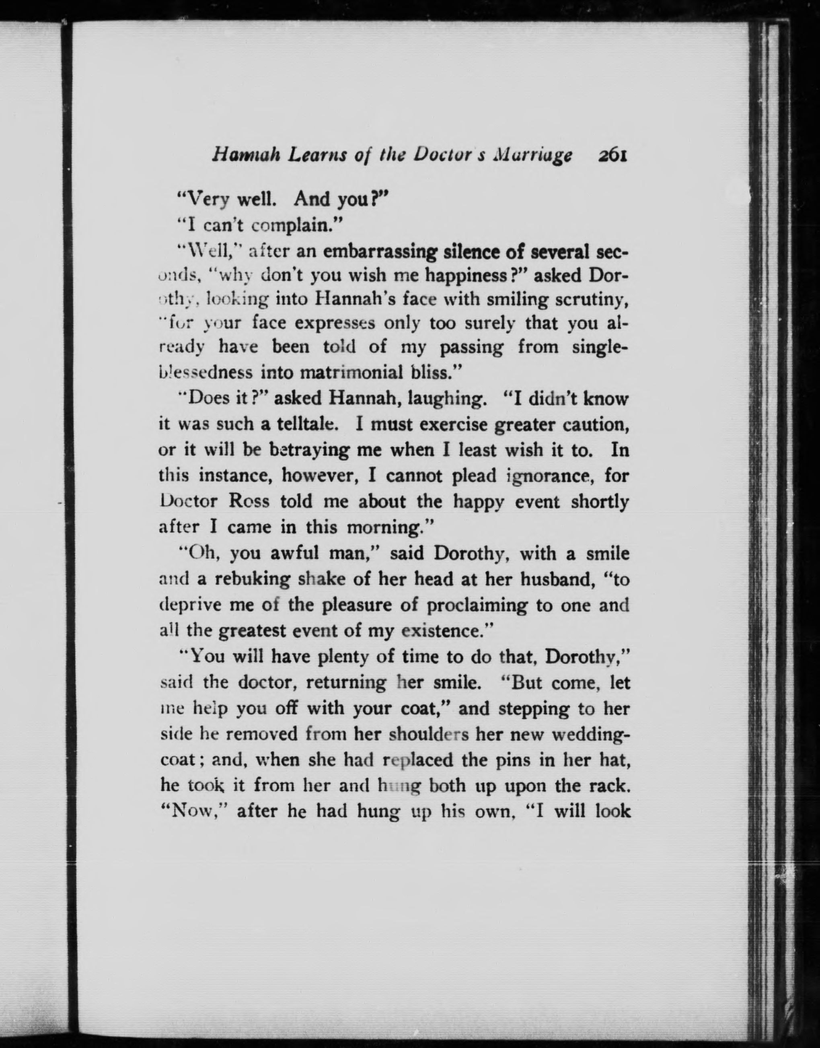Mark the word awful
[x=295, y=553]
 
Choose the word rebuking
[x=252, y=579]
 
